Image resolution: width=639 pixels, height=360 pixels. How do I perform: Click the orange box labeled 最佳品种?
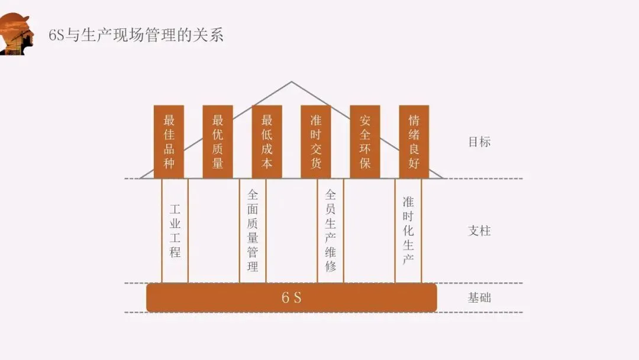pos(169,142)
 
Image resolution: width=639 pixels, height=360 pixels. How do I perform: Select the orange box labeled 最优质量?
pos(218,142)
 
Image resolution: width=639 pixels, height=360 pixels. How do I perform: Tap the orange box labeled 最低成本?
pos(267,142)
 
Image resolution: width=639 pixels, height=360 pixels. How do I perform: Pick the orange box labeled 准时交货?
pos(316,142)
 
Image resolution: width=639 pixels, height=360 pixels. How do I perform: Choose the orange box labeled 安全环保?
pos(365,142)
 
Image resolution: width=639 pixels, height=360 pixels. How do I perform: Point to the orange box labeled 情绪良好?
pos(414,142)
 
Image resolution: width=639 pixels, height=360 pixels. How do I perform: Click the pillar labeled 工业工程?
pos(175,231)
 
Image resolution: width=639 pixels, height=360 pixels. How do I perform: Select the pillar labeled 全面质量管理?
pos(253,231)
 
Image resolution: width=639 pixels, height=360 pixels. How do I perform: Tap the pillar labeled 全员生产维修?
pos(331,231)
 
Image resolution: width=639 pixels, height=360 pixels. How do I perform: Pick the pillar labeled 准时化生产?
pos(408,231)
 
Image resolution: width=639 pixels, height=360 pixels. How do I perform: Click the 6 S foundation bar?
pos(292,297)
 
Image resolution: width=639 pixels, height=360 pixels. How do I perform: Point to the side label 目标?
pos(479,142)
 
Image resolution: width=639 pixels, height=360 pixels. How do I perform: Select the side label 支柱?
pos(479,231)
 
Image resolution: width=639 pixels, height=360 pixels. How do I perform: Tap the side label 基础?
pos(479,297)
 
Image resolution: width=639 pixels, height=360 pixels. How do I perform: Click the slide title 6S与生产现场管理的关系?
pos(136,35)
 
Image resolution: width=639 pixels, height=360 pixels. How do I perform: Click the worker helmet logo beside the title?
pos(16,34)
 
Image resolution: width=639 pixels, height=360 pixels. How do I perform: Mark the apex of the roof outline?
pos(291,82)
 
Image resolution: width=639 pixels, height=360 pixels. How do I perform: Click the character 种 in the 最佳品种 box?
pos(169,163)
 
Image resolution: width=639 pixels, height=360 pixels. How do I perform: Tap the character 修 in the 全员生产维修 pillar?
pos(331,266)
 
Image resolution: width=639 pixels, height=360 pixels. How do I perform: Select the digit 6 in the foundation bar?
pos(285,297)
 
